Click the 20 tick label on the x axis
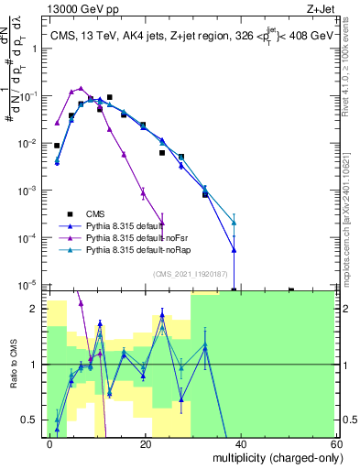[x=145, y=443]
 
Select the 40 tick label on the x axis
[x=240, y=443]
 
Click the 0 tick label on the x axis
[x=50, y=443]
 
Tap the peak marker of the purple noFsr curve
[x=81, y=89]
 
